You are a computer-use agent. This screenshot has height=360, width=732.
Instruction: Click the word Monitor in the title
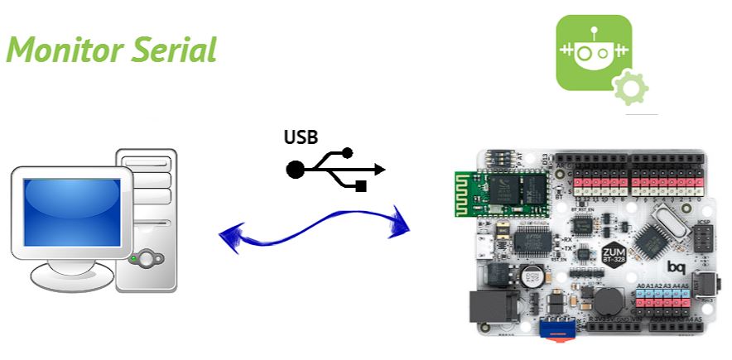[x=62, y=50]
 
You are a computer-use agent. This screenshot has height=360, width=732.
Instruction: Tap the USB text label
[x=301, y=137]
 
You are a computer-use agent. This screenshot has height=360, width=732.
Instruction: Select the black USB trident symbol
[x=335, y=169]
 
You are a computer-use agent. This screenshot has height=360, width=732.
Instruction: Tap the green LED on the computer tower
[x=134, y=258]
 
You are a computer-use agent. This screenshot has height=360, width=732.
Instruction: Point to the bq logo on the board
[x=676, y=266]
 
